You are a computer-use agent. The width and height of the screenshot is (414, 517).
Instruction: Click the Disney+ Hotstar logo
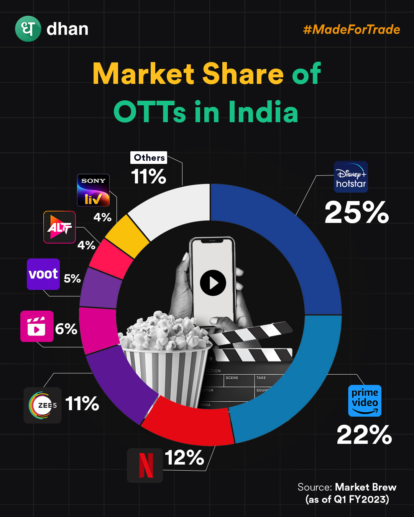(x=351, y=177)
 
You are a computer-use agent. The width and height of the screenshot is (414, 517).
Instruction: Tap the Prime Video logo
(x=365, y=401)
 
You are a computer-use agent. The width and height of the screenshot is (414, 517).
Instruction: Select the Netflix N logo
(x=145, y=465)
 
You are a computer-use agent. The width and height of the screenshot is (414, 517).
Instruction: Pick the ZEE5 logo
(x=43, y=405)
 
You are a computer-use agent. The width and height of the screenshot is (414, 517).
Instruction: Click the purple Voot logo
(x=43, y=274)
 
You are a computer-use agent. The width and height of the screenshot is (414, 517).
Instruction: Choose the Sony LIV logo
(x=93, y=190)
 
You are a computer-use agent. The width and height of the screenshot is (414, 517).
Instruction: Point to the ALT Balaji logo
(x=59, y=227)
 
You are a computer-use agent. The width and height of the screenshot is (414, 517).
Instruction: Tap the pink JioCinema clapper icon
(x=37, y=326)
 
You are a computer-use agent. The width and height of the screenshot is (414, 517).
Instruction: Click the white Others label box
(x=149, y=158)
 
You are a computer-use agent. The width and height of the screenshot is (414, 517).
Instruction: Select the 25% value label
(x=356, y=213)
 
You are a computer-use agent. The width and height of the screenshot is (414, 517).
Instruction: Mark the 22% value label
(x=364, y=435)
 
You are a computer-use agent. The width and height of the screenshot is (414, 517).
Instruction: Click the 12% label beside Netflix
(x=184, y=458)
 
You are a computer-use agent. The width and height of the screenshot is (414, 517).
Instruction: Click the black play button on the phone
(x=213, y=283)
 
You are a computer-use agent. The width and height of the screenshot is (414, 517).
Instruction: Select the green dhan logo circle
(x=28, y=29)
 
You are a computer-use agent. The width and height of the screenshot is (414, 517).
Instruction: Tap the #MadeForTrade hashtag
(x=352, y=29)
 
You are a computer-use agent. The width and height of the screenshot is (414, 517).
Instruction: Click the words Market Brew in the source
(x=366, y=487)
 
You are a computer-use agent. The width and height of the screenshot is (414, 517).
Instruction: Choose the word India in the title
(x=263, y=112)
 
